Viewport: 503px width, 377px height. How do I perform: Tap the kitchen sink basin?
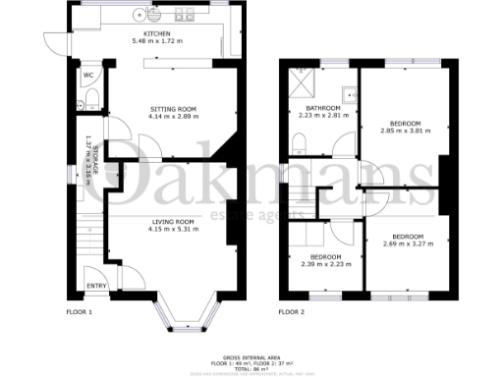click(x=136, y=15)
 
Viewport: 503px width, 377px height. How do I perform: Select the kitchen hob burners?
click(x=182, y=16)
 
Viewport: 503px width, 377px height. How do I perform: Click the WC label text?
click(x=88, y=75)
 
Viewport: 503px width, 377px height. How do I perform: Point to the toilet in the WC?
click(x=89, y=95)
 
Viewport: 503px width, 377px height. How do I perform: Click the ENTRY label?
click(x=96, y=286)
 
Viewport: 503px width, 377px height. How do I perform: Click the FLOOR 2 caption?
click(x=292, y=312)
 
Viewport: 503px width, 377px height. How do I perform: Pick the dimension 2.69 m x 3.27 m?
click(x=408, y=244)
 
